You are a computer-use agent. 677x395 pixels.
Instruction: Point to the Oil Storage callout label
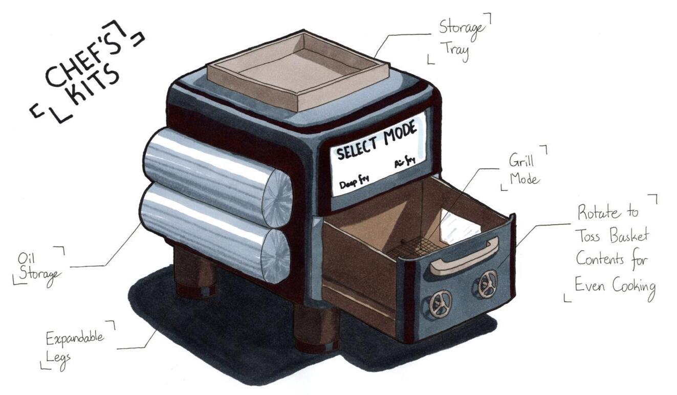click(38, 265)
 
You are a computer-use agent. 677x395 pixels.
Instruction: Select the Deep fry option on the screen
click(354, 180)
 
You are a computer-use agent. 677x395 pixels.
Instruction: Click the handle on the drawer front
click(464, 256)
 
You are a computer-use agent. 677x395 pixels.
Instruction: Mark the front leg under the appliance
click(316, 327)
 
